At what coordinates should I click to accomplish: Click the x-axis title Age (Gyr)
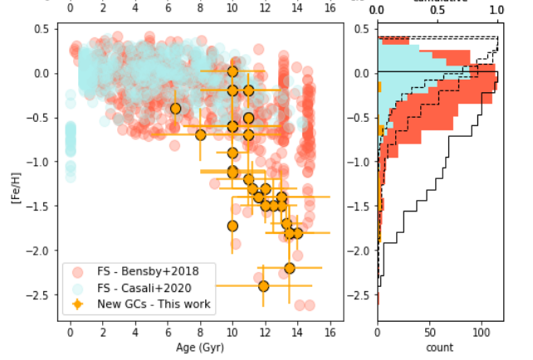(199, 348)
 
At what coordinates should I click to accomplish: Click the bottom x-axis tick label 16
(330, 332)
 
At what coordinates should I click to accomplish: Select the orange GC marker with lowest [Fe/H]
(263, 286)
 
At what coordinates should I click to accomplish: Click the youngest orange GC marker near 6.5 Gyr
(175, 109)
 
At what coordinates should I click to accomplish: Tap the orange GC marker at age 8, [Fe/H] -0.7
(200, 134)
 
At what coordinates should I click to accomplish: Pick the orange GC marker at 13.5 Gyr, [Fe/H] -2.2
(289, 268)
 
